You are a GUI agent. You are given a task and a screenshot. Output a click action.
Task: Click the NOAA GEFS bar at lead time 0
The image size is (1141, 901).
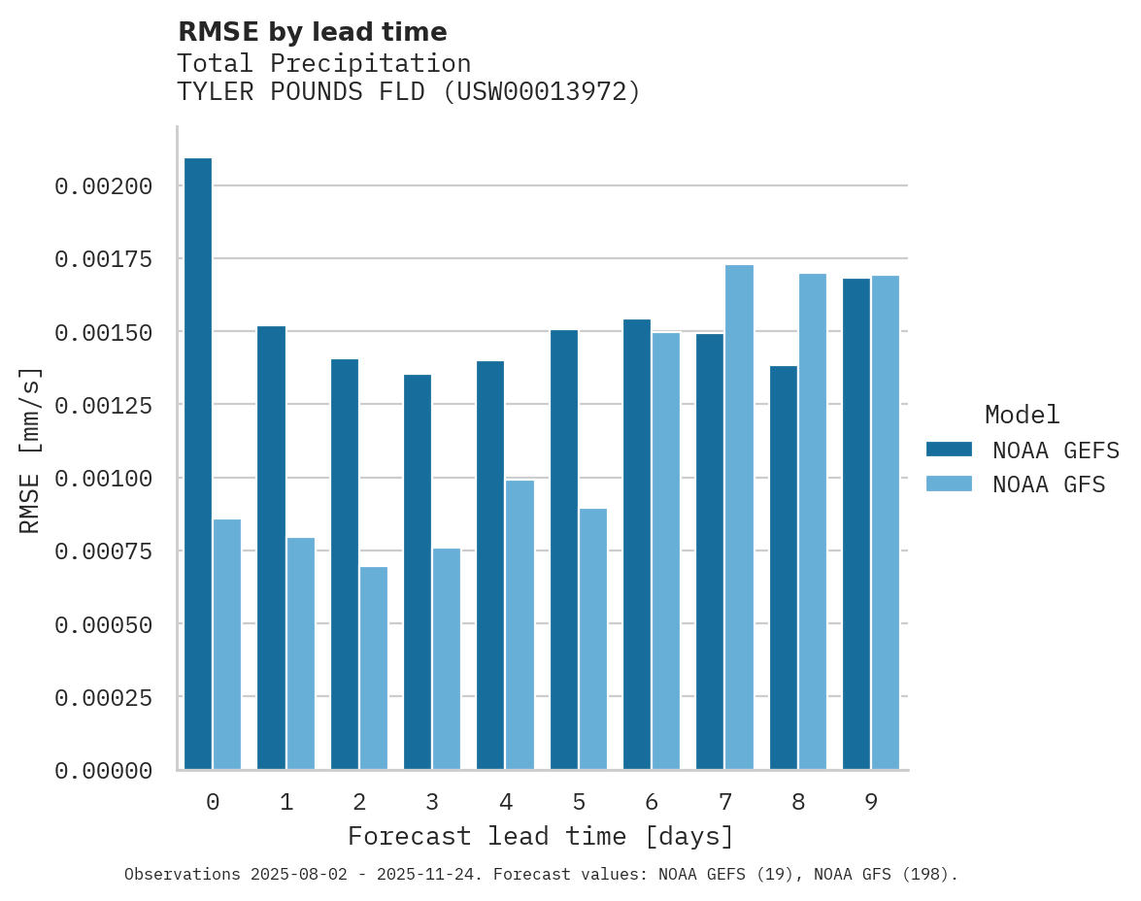[x=198, y=464]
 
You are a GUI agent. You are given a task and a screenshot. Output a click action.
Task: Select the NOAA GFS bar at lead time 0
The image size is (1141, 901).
[x=227, y=645]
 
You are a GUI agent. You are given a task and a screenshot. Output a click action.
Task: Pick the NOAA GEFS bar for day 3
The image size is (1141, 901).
[x=418, y=572]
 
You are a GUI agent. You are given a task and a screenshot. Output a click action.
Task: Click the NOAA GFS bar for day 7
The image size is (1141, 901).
[x=739, y=517]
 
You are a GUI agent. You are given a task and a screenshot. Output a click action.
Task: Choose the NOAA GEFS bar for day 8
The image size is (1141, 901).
[x=784, y=568]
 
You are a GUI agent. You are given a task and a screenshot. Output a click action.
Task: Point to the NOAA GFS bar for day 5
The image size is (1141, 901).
[x=593, y=639]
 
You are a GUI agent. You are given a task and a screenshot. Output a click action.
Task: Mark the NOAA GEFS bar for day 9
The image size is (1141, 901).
[x=856, y=524]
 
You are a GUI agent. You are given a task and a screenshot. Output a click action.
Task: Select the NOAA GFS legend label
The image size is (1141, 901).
[x=1049, y=484]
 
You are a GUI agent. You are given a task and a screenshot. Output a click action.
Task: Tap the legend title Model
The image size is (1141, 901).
[x=1022, y=415]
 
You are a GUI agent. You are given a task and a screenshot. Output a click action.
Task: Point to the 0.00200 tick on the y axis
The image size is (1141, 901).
[x=104, y=185]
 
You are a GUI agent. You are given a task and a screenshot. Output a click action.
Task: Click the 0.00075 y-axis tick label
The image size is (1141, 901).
[x=104, y=551]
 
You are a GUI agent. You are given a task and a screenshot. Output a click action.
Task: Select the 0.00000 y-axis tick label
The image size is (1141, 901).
[x=104, y=771]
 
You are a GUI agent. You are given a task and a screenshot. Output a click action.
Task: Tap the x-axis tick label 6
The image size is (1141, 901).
[x=652, y=802]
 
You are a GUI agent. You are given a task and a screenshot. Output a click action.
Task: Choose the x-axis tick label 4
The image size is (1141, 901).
[x=506, y=802]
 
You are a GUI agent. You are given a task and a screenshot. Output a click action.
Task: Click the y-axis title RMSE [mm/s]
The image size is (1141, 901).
[x=31, y=450]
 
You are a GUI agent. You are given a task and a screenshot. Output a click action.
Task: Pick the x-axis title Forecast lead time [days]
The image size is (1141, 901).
[x=541, y=836]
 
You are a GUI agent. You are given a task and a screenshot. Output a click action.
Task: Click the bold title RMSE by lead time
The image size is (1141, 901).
[x=313, y=32]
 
